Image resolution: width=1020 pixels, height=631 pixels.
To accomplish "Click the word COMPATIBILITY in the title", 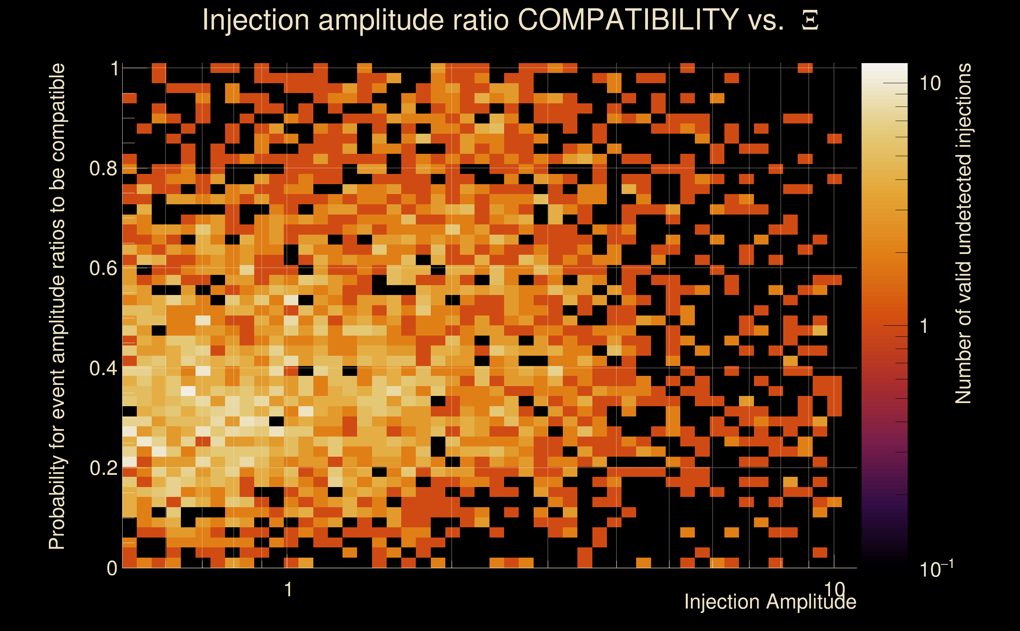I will tap(628, 20).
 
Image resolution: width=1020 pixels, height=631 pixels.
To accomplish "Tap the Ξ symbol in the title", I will tap(810, 21).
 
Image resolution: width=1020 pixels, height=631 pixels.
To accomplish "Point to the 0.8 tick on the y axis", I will tap(103, 169).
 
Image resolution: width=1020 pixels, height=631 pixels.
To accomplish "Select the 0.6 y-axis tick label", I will tap(103, 268).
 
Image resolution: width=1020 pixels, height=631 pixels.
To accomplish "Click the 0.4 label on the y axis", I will tap(103, 368).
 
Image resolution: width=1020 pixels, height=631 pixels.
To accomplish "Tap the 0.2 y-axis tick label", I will tap(103, 468).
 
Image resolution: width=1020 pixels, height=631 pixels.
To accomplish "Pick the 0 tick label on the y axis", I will tap(112, 568).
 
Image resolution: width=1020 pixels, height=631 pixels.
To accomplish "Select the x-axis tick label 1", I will tap(288, 590).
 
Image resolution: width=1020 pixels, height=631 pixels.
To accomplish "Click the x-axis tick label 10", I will tap(834, 589).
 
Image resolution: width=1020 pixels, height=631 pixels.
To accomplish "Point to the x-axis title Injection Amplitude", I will tap(770, 602).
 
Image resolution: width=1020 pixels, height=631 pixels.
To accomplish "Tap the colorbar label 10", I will tap(930, 84).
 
